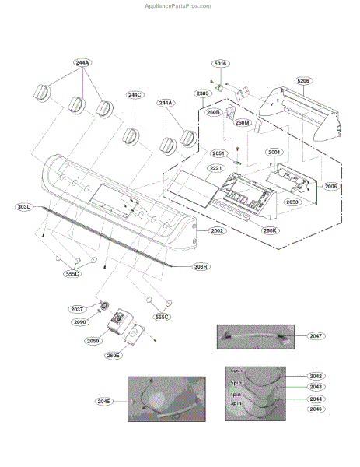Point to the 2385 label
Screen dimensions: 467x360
tap(203, 93)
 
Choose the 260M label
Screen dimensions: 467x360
tap(241, 122)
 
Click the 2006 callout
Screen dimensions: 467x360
tap(331, 187)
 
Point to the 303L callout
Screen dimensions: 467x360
tap(24, 207)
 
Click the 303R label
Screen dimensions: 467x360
tap(201, 266)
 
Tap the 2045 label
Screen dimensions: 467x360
tap(105, 401)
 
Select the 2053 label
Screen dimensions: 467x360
tap(292, 202)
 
